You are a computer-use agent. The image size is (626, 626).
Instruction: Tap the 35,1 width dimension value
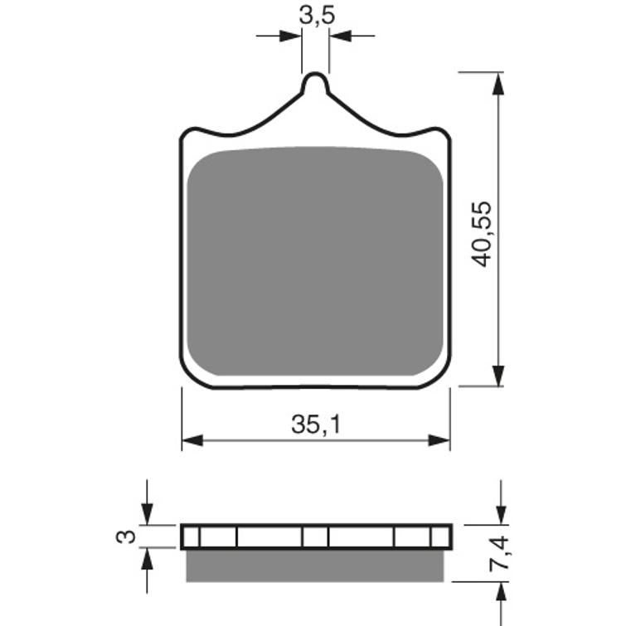[316, 425]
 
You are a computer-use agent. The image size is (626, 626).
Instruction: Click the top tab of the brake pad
[316, 85]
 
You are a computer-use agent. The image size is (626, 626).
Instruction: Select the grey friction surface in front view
[316, 261]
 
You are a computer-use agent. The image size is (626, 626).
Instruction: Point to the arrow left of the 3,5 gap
[291, 36]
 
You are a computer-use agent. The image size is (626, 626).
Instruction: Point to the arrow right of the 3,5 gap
[340, 36]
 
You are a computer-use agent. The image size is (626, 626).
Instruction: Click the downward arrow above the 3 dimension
[147, 515]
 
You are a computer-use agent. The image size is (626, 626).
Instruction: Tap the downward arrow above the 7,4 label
[500, 515]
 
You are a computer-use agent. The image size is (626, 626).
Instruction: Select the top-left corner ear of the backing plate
[195, 134]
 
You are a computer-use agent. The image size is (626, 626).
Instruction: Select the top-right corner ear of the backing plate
[437, 134]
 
